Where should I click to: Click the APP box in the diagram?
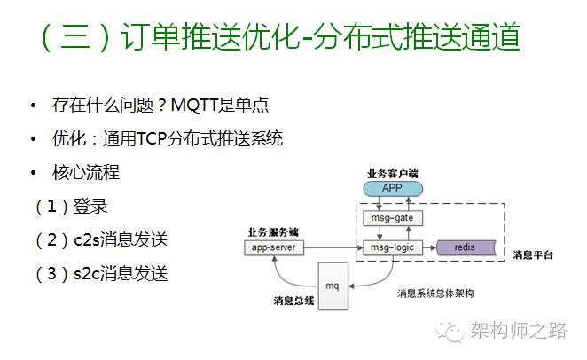(x=391, y=188)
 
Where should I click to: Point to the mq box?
(x=333, y=286)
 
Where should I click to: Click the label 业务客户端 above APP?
(x=391, y=173)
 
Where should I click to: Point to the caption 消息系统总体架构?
(x=434, y=291)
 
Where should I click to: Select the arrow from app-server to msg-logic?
(x=329, y=247)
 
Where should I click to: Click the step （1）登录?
(x=71, y=207)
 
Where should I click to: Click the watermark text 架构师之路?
(x=518, y=330)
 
